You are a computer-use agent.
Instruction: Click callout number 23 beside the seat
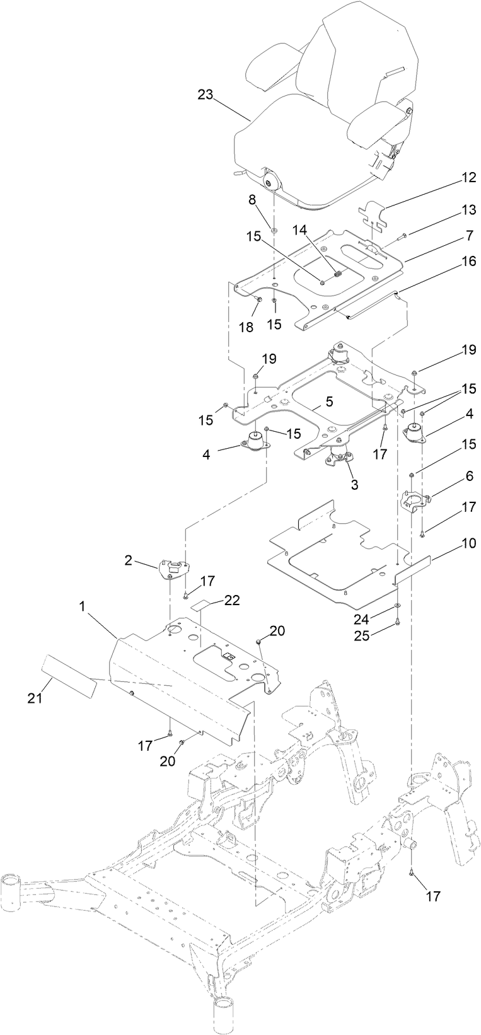click(206, 95)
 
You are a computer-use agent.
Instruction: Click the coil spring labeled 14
click(337, 274)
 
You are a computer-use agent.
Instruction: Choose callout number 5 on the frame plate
click(329, 401)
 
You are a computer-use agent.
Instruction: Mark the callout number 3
click(354, 485)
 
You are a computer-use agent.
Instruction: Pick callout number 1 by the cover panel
click(81, 606)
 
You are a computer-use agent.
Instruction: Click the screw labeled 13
click(402, 235)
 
